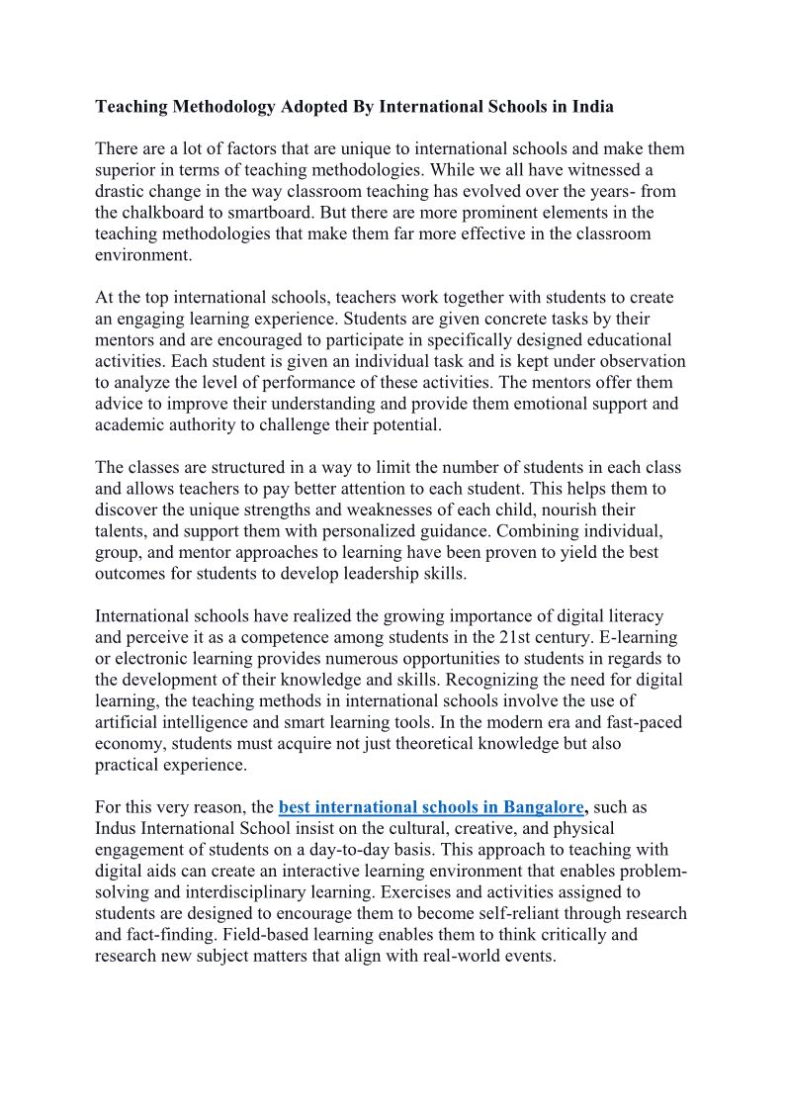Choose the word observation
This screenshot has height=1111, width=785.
(x=638, y=362)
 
